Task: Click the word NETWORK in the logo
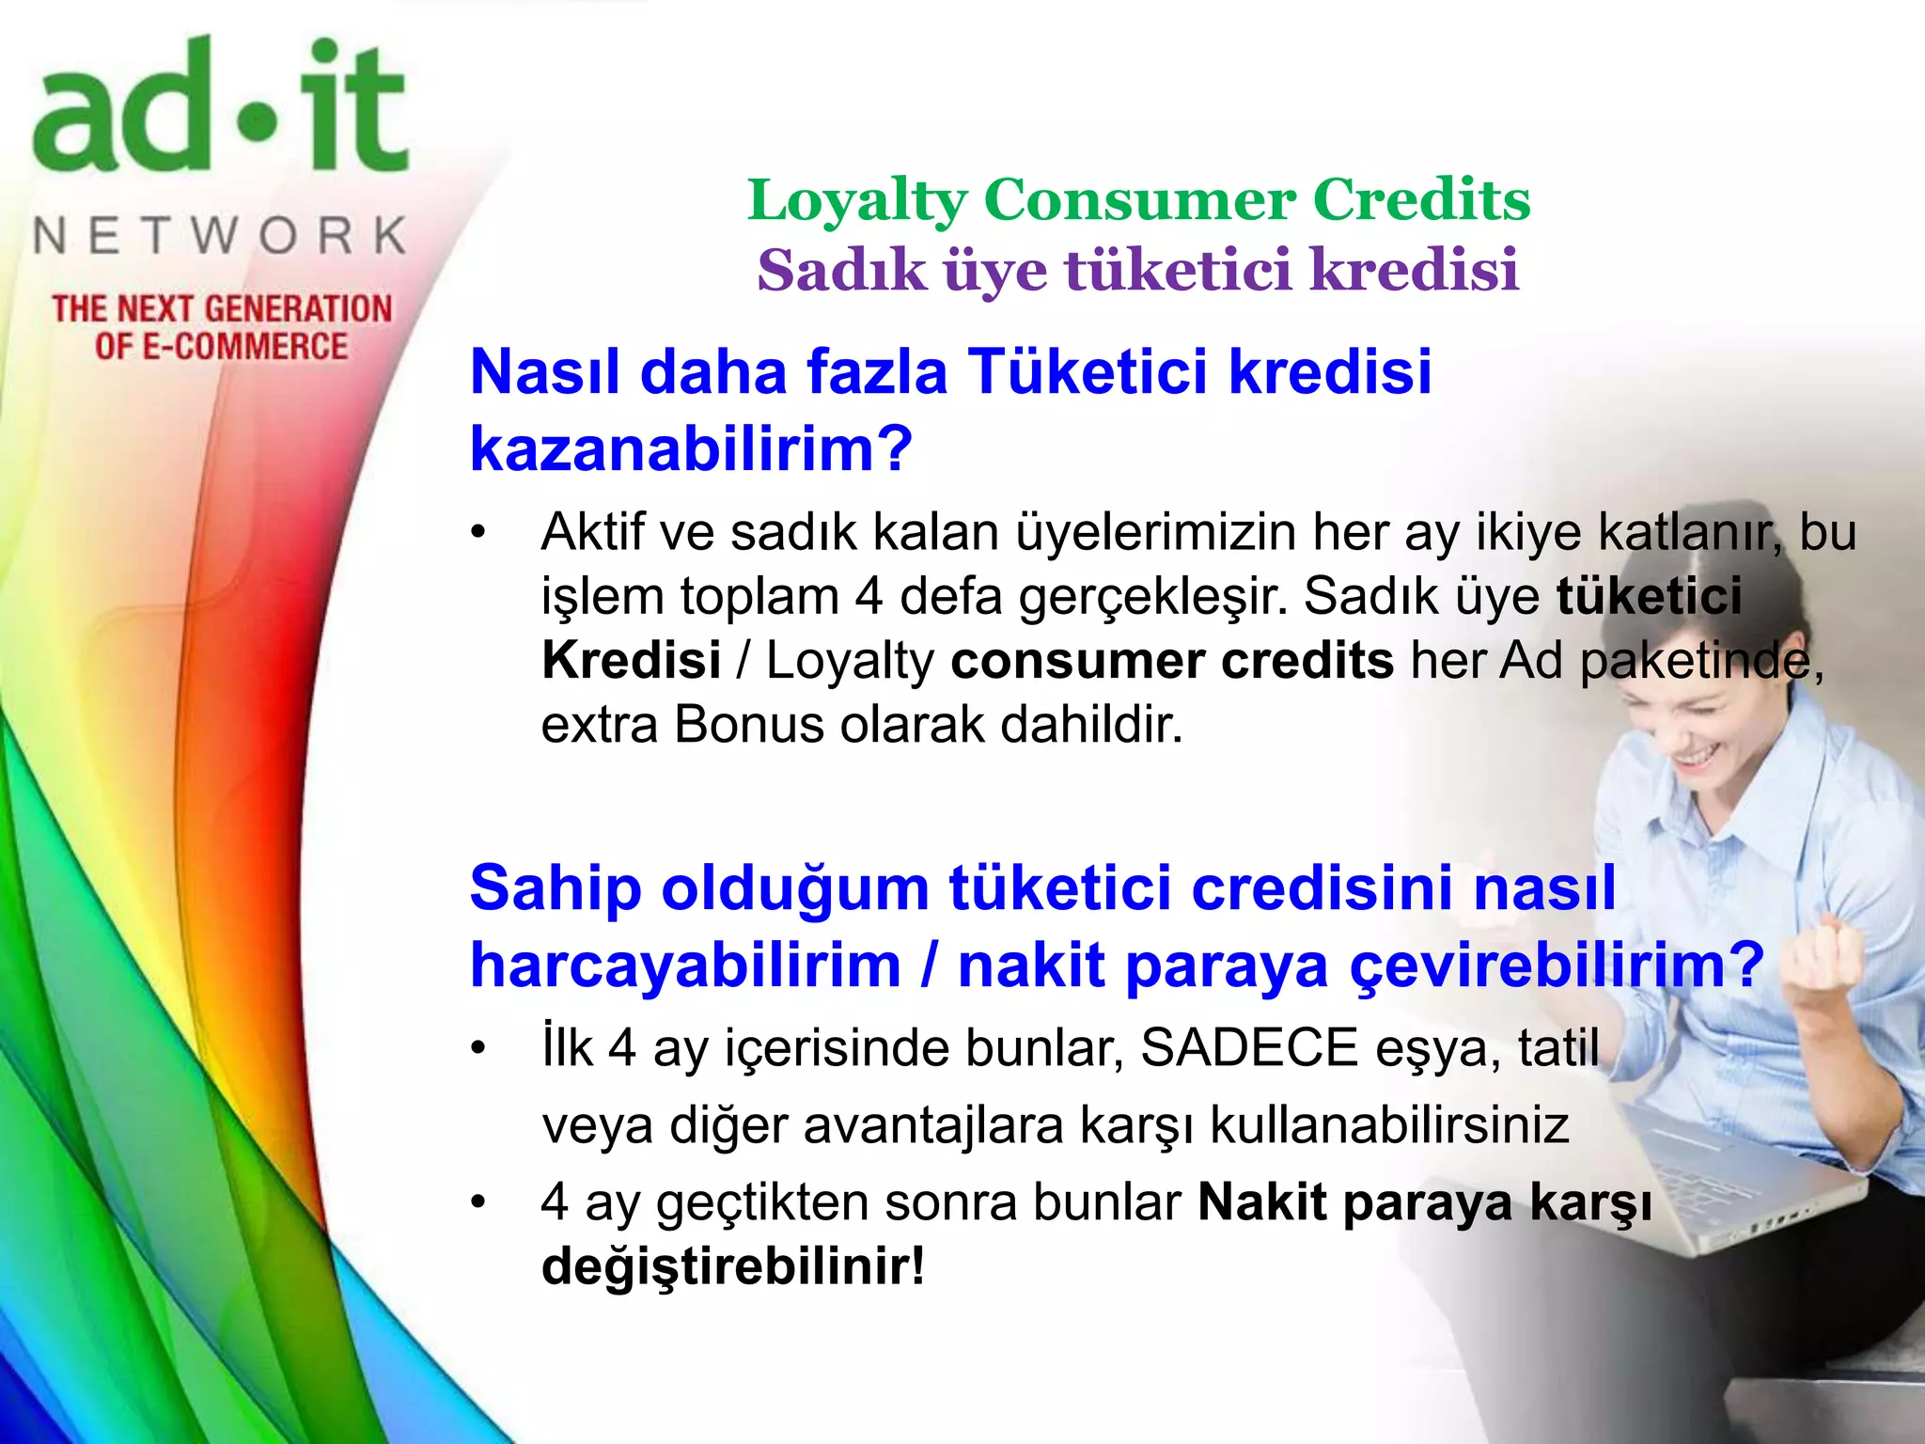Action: click(x=220, y=235)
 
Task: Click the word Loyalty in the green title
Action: click(x=857, y=201)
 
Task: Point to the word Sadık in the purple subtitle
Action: click(x=842, y=271)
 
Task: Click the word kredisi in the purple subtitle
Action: click(x=1414, y=271)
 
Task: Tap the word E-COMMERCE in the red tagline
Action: click(x=244, y=347)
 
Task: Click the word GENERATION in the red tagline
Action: click(x=298, y=309)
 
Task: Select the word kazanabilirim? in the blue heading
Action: click(x=691, y=448)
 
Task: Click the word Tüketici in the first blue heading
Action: click(x=1088, y=371)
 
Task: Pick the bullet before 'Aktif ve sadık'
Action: click(x=479, y=533)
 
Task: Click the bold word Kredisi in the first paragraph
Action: click(x=631, y=660)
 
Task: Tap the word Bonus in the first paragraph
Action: click(x=748, y=725)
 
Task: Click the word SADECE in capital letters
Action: click(x=1249, y=1047)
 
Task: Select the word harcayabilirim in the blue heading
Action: click(x=685, y=965)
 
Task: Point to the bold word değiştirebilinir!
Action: click(x=733, y=1265)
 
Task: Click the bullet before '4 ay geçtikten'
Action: click(x=479, y=1202)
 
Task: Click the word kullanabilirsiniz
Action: click(x=1389, y=1124)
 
